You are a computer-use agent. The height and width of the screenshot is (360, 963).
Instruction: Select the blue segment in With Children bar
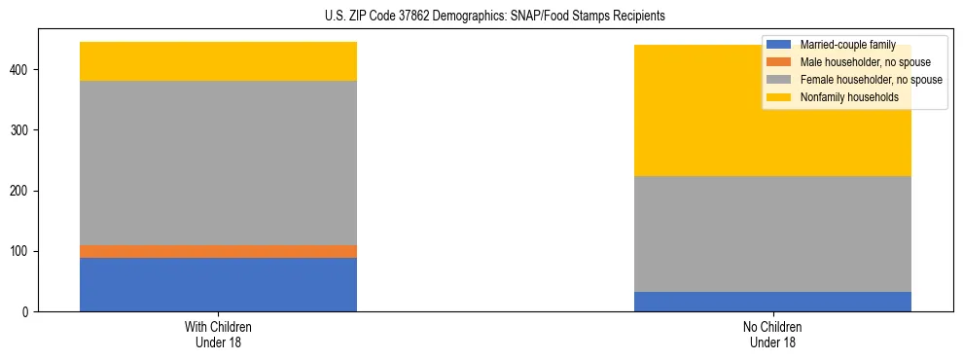click(x=218, y=284)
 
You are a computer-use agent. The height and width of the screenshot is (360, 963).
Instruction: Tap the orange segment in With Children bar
click(x=218, y=251)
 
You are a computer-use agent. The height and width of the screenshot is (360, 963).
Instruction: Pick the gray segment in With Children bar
click(x=218, y=162)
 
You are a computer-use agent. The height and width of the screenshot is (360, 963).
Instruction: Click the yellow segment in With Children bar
click(x=218, y=61)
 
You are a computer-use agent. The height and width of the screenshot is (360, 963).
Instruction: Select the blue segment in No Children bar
click(x=772, y=302)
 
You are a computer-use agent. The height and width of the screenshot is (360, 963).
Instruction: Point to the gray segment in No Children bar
click(x=772, y=234)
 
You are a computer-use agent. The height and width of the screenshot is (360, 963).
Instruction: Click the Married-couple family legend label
click(x=847, y=45)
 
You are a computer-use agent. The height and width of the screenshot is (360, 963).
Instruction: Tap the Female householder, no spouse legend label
click(x=871, y=80)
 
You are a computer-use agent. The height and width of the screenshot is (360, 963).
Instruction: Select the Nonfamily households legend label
click(x=842, y=97)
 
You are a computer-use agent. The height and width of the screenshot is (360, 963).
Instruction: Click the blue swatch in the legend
click(x=779, y=45)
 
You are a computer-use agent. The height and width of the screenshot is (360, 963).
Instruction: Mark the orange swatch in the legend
click(x=779, y=62)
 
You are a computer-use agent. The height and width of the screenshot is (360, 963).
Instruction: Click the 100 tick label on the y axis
click(x=20, y=251)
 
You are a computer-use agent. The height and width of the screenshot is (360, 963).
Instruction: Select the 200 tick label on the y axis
click(x=20, y=191)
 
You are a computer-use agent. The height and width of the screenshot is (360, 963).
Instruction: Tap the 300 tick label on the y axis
click(x=20, y=130)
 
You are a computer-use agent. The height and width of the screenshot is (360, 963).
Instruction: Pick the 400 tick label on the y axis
click(x=20, y=70)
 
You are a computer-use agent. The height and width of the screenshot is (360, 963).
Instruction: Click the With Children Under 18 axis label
click(x=218, y=334)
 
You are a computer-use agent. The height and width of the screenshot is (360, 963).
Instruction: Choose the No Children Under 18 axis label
click(x=772, y=334)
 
